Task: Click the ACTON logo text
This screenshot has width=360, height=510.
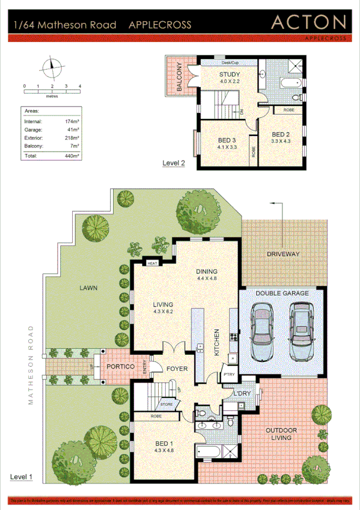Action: click(x=308, y=23)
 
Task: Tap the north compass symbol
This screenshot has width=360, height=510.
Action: click(x=52, y=67)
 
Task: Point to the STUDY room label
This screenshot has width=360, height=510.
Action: click(x=229, y=75)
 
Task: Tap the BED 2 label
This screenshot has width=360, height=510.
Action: click(x=281, y=134)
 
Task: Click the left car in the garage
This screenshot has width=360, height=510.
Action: click(x=263, y=331)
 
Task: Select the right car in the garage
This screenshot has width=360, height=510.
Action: click(x=302, y=331)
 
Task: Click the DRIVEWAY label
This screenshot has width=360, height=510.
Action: click(x=282, y=254)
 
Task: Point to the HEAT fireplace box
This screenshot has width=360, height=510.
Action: click(x=152, y=263)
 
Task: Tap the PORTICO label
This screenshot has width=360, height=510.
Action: click(x=119, y=366)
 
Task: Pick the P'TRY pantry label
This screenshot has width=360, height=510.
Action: click(x=229, y=374)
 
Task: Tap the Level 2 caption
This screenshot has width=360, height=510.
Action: click(x=174, y=163)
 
